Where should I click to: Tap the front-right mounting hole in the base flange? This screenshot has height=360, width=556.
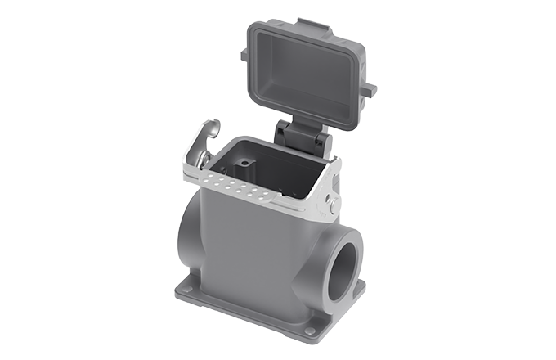point(310,330)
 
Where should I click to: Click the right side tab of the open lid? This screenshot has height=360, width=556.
point(370,88)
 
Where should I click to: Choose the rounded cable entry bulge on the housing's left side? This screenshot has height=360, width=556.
point(187,237)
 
